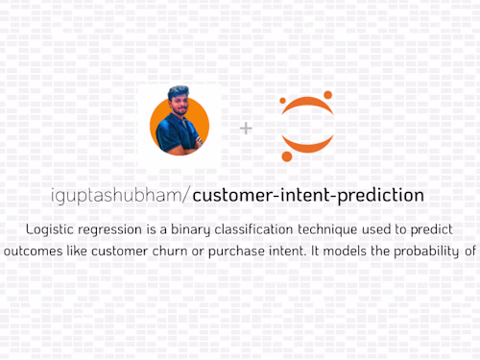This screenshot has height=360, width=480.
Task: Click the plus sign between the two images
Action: tap(246, 128)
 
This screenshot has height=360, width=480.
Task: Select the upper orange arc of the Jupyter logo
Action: tap(306, 105)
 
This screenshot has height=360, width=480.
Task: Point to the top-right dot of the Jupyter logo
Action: tap(328, 95)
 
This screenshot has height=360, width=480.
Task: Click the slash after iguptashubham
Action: tap(188, 195)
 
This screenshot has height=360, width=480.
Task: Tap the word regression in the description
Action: tap(113, 231)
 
